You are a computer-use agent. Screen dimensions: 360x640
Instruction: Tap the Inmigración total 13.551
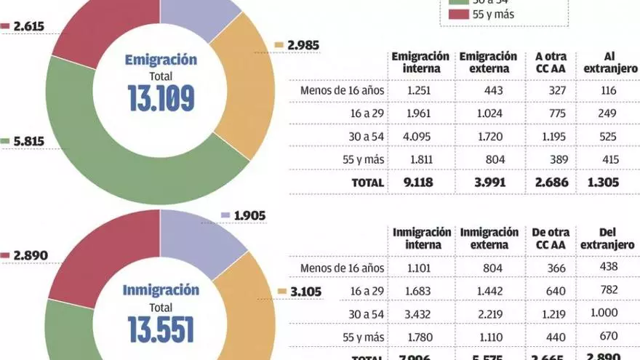[161, 329]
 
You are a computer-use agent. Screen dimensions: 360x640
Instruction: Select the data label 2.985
[303, 46]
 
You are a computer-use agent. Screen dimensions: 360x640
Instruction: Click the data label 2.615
[28, 26]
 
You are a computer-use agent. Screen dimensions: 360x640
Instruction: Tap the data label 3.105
[305, 292]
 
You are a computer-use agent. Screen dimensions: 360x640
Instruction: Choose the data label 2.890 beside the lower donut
[28, 256]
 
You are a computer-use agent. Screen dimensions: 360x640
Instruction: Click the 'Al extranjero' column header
[609, 63]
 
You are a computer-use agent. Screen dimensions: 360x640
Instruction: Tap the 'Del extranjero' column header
[608, 239]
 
